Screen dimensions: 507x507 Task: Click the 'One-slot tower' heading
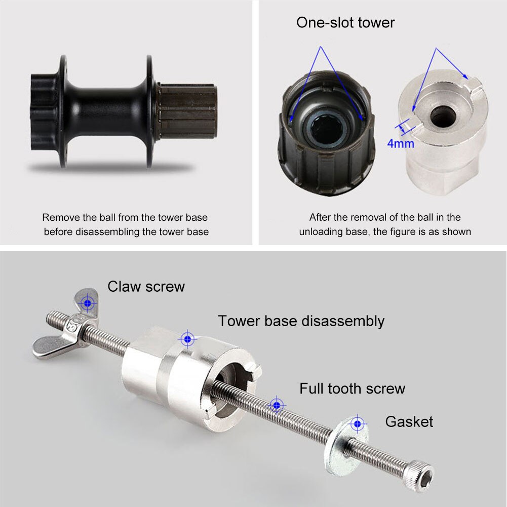(x=345, y=23)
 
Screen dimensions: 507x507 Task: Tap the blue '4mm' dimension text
(x=401, y=143)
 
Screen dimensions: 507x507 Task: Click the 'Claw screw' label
(x=146, y=287)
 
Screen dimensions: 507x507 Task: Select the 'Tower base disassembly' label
(x=301, y=321)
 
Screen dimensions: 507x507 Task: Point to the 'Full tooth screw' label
(x=352, y=388)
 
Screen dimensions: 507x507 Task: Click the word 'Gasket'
(x=409, y=421)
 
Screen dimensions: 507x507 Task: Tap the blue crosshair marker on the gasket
(x=358, y=423)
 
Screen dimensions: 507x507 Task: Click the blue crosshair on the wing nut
(x=89, y=303)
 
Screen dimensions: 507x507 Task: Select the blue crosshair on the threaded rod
(x=276, y=404)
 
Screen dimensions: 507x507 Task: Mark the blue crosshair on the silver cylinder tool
(x=187, y=338)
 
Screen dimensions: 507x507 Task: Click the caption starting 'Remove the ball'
(x=125, y=224)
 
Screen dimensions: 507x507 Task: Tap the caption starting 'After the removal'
(x=384, y=224)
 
